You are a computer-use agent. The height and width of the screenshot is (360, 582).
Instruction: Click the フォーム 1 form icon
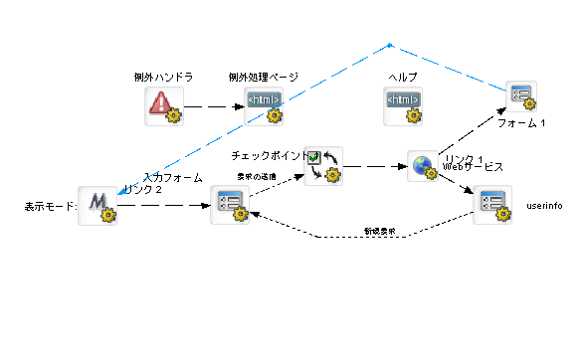click(x=523, y=97)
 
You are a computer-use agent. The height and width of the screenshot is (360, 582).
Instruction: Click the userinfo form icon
click(x=491, y=205)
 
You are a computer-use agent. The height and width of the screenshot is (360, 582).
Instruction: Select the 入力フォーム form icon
click(x=230, y=205)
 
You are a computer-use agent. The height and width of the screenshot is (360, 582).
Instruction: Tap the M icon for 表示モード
click(x=97, y=205)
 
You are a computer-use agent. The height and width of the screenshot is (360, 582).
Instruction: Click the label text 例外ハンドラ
click(x=163, y=77)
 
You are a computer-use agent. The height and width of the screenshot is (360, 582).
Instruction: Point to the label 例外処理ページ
click(x=264, y=77)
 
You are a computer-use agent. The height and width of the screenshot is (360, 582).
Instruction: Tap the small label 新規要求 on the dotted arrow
click(x=379, y=231)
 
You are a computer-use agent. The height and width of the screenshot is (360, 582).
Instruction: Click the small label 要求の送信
click(x=257, y=176)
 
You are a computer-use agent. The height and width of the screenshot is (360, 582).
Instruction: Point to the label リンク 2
click(x=143, y=189)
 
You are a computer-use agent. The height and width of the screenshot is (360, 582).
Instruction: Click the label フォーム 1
click(x=521, y=123)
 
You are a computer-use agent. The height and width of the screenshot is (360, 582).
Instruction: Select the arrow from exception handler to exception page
click(x=213, y=105)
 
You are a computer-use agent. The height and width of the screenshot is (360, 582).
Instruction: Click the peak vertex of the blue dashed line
click(x=390, y=44)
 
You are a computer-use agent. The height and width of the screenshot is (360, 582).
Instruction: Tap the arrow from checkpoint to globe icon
click(x=373, y=166)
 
